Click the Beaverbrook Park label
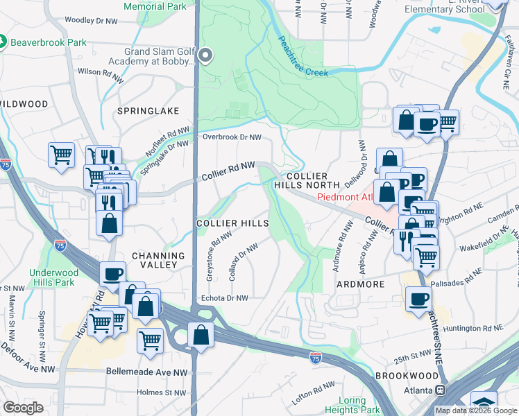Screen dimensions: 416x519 (x=49, y=42)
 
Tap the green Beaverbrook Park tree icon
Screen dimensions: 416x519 (x=3, y=42)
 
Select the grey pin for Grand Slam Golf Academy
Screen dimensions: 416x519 (x=205, y=55)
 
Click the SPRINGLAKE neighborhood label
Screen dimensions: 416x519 (x=148, y=111)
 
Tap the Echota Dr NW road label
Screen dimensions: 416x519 (x=224, y=298)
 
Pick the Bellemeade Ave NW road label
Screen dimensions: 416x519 (x=147, y=372)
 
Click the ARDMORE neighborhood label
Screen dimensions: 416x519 (x=360, y=284)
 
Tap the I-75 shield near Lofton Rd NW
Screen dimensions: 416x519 (x=316, y=357)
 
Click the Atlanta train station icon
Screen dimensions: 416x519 (x=439, y=390)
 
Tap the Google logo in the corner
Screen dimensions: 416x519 (x=24, y=408)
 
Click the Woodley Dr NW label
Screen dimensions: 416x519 (x=93, y=20)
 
